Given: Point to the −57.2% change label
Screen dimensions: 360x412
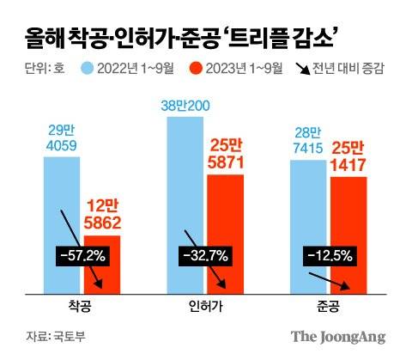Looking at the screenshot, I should point(82,256).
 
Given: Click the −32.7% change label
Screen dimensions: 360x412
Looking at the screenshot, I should point(204,256).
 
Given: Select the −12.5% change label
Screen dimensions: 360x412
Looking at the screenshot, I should point(328,256).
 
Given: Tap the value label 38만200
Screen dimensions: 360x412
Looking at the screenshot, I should point(186,106).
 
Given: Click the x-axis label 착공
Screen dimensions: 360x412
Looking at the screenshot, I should point(82,306).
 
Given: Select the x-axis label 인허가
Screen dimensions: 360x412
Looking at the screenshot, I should point(206,306).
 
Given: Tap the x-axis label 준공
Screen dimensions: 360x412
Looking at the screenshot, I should point(329,306).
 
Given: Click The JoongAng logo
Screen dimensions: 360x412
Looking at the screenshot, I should point(336,336).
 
